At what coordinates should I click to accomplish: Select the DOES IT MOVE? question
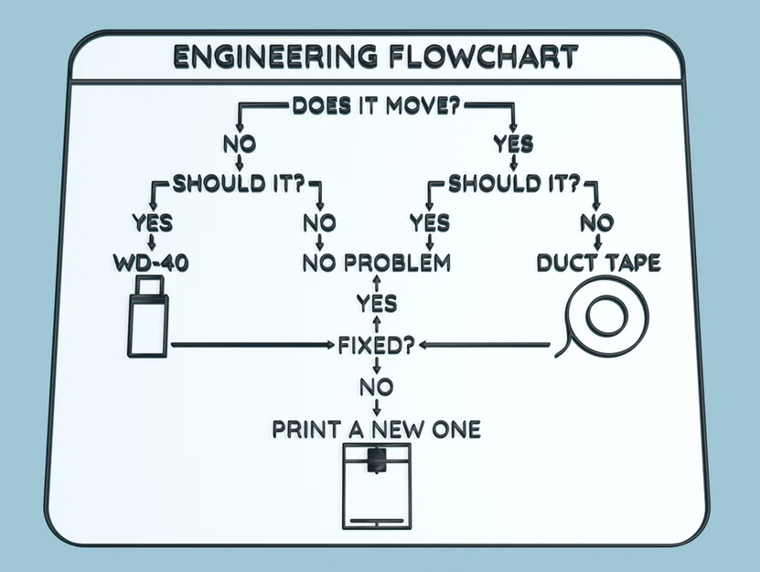pos(375,105)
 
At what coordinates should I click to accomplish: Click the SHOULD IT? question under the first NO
pos(239,183)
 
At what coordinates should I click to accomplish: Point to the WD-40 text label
pos(147,264)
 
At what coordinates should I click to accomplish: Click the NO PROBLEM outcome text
pos(377,264)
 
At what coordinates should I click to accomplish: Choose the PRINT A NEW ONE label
pos(376,428)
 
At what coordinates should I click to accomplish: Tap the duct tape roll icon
pos(605,320)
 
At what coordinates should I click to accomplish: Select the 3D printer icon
pos(376,487)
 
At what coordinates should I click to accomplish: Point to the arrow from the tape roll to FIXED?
pos(485,346)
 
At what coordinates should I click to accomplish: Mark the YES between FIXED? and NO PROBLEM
pos(376,303)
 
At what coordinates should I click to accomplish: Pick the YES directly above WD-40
pos(152,222)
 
